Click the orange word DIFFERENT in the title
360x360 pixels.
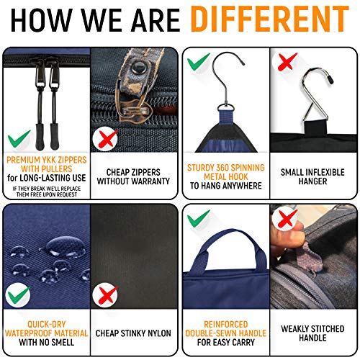click(270, 19)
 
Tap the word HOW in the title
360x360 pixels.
click(41, 19)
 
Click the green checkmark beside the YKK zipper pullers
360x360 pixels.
click(19, 138)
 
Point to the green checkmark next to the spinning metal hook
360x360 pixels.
click(198, 61)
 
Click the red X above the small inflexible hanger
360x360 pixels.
click(287, 61)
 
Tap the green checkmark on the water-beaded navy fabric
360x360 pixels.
click(19, 295)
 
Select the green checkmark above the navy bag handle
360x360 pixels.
click(198, 218)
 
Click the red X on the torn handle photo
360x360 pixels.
click(287, 218)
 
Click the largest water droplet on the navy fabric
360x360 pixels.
click(66, 246)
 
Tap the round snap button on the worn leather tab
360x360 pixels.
click(138, 68)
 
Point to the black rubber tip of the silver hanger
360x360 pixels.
click(330, 79)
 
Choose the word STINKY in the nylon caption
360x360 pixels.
click(132, 333)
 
